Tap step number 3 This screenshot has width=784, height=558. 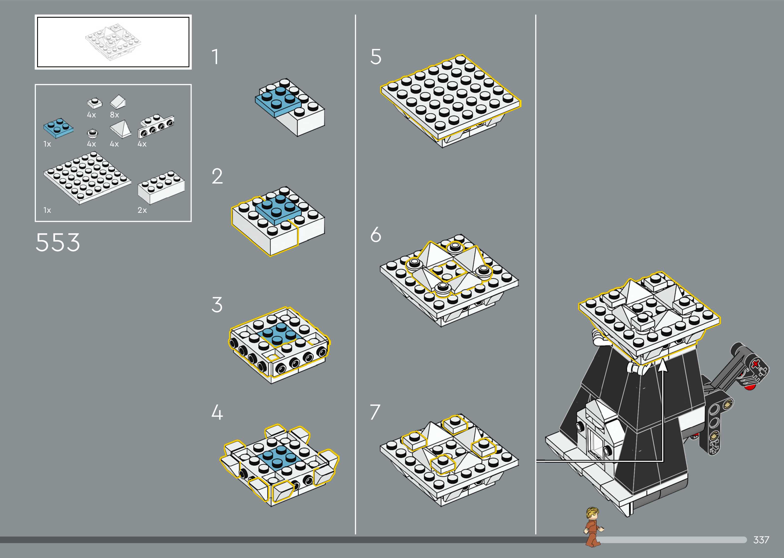217,305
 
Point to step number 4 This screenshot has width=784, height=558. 217,412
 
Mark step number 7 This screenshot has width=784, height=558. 375,412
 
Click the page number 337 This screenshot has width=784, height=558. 761,540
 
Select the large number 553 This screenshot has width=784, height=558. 58,242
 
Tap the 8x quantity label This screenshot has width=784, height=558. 114,115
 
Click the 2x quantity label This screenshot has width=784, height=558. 142,210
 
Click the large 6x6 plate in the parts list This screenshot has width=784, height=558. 87,178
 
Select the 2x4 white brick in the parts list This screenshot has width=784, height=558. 161,187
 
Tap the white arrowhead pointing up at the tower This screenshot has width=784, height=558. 663,366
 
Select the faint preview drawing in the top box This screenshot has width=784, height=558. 113,42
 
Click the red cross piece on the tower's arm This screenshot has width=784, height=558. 755,364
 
